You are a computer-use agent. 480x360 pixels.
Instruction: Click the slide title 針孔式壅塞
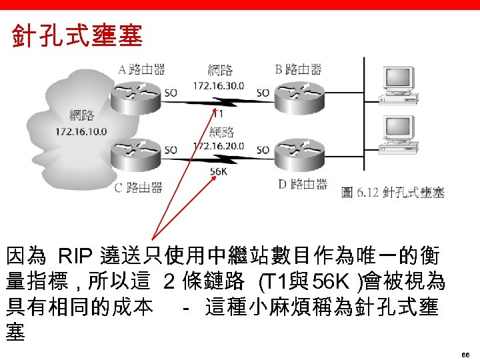(x=77, y=35)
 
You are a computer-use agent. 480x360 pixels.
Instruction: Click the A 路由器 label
(x=141, y=69)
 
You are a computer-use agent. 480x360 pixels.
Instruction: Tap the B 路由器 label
(x=299, y=69)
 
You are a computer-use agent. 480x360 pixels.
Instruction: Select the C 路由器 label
(x=138, y=187)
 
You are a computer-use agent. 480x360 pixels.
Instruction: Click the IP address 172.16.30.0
(x=218, y=86)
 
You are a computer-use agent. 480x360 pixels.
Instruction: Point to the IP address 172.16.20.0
(x=218, y=146)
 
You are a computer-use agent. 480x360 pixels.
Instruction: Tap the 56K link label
(x=219, y=171)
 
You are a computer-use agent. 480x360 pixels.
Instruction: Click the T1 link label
(x=218, y=114)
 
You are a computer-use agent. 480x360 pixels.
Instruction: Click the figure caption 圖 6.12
(x=393, y=193)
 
